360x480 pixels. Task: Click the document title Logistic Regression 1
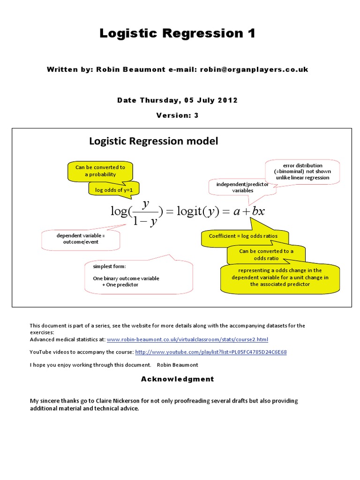click(177, 34)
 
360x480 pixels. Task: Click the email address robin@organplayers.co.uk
click(254, 69)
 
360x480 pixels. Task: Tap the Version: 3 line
click(177, 115)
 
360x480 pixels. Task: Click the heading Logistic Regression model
click(153, 141)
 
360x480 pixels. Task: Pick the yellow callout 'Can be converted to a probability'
click(100, 171)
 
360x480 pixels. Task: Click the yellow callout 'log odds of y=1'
click(111, 190)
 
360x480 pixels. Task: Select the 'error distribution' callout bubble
click(303, 171)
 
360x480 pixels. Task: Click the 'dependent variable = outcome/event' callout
click(81, 239)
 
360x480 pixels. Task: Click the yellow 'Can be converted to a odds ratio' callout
click(266, 255)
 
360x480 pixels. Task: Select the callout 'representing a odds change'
click(280, 277)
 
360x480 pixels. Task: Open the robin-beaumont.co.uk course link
click(187, 339)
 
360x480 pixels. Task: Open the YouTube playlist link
click(211, 352)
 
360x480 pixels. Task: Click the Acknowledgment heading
click(177, 379)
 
